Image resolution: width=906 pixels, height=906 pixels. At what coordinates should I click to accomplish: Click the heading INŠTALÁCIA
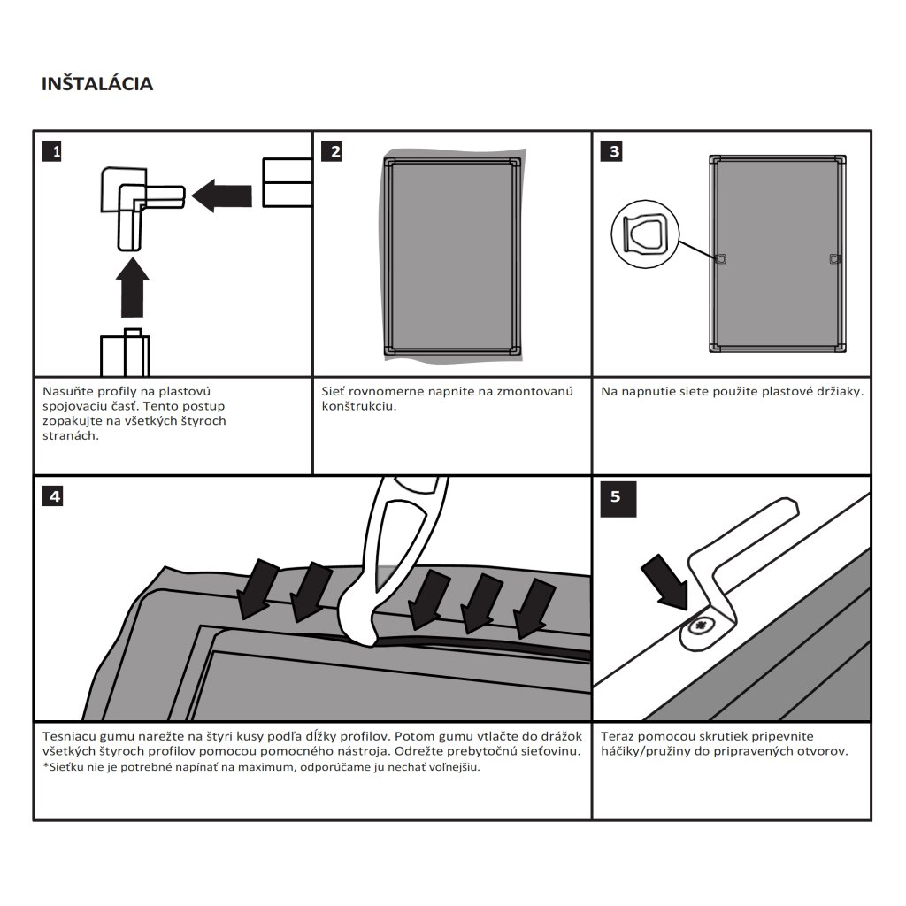pos(97,84)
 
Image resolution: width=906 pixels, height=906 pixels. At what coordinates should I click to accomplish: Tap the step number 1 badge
pos(54,151)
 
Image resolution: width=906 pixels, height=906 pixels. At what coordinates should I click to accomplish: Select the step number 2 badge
pos(333,151)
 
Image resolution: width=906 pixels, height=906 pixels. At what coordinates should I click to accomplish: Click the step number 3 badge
pos(612,151)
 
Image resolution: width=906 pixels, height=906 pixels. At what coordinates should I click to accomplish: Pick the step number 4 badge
pos(54,496)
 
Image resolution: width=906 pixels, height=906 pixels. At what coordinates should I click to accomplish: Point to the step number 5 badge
pos(616,496)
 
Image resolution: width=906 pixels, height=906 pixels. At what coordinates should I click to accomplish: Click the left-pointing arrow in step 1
pos(221,195)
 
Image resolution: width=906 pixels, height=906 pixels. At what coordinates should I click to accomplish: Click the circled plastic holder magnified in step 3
pos(644,234)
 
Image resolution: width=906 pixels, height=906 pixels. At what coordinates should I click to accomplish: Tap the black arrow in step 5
pos(664,580)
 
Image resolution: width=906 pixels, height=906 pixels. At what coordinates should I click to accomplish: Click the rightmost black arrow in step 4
pos(535,606)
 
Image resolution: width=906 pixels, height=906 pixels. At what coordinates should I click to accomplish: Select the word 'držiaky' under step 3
pos(838,391)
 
